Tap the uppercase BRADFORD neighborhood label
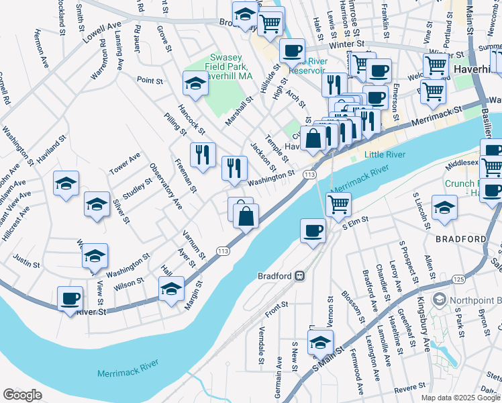[x=460, y=239]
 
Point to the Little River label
[x=385, y=154]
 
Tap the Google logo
[x=22, y=394]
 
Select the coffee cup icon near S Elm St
[x=312, y=231]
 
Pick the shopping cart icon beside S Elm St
[x=339, y=203]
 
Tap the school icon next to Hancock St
[x=195, y=83]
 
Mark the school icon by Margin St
[x=171, y=289]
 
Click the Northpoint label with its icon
[x=466, y=300]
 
